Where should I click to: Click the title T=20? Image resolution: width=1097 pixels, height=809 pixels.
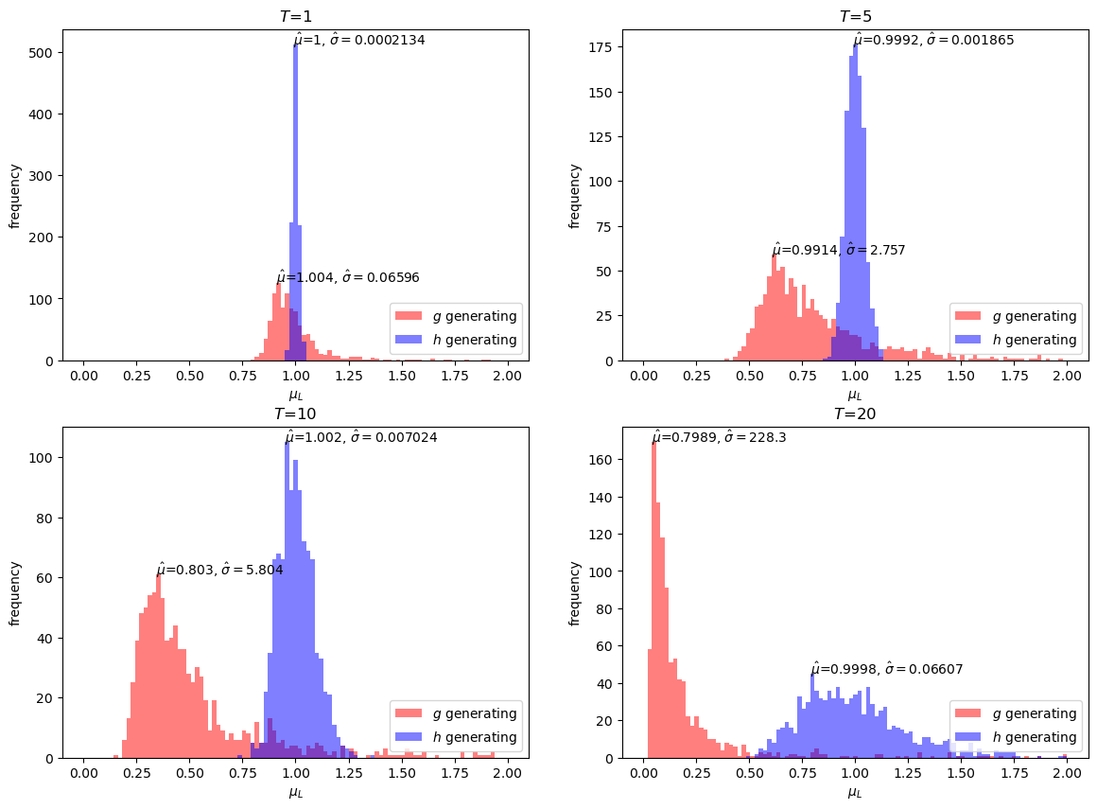pos(855,413)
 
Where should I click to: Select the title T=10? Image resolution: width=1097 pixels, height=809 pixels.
pos(295,413)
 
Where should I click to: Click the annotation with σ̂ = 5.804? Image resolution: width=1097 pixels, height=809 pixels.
pos(219,570)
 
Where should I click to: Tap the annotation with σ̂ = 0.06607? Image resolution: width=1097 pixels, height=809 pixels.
pos(886,669)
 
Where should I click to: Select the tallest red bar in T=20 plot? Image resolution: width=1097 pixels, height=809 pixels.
pos(653,606)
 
